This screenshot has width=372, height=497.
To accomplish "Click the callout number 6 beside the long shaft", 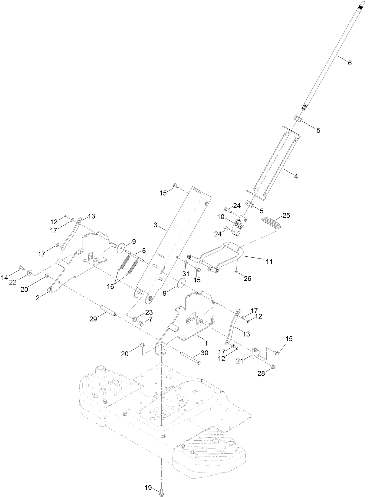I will [x=350, y=63].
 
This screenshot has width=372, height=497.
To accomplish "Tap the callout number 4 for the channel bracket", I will [x=296, y=176].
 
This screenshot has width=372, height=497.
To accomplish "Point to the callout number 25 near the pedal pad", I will [x=286, y=216].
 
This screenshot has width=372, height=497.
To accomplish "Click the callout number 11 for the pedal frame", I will [x=269, y=261].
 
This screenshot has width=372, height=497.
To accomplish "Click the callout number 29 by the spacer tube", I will [x=93, y=319].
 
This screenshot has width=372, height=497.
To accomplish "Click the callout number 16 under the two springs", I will [x=111, y=286].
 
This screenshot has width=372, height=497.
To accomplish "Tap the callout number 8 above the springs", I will [x=143, y=251].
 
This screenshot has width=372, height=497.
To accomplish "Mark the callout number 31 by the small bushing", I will [x=186, y=274].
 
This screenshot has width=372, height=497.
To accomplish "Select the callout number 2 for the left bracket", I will [x=38, y=298].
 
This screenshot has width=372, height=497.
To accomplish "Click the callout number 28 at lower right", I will [x=261, y=374].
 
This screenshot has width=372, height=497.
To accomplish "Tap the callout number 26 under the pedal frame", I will [x=247, y=278].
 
